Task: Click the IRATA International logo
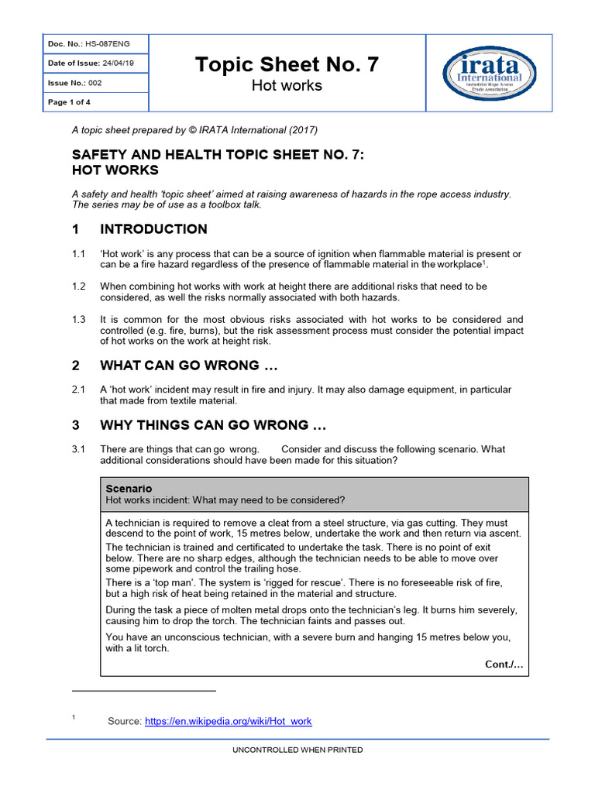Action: (493, 73)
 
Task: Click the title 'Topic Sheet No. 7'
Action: (287, 65)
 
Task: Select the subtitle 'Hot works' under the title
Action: (287, 86)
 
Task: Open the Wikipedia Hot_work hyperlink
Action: (228, 721)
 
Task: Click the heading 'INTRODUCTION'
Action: (153, 229)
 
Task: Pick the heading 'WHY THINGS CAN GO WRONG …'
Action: (213, 425)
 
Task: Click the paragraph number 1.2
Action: (78, 287)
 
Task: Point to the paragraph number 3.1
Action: (78, 449)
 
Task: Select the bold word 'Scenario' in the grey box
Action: (129, 489)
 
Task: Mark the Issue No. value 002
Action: (95, 83)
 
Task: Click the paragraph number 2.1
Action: (78, 390)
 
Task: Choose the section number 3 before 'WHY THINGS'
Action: (76, 425)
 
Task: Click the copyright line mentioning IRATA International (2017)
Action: (194, 129)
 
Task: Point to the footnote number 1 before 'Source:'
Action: (74, 718)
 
